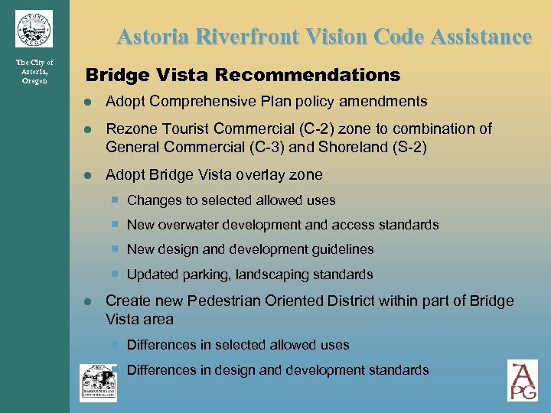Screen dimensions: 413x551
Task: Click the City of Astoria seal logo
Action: (34, 29)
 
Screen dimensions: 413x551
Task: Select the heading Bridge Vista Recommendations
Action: (243, 75)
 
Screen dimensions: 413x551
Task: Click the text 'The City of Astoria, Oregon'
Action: (34, 71)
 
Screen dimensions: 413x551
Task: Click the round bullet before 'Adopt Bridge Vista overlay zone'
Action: (90, 176)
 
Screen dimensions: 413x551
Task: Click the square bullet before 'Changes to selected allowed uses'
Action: (114, 200)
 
